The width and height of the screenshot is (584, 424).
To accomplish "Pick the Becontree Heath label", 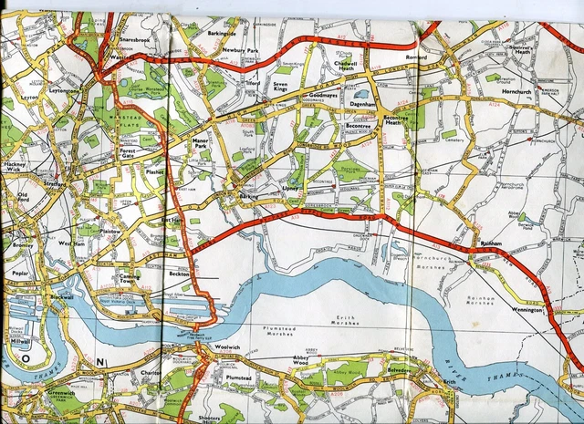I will click(398, 123).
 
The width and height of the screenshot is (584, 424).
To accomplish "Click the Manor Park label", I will click(201, 143).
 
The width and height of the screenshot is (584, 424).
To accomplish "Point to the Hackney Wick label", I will click(16, 166).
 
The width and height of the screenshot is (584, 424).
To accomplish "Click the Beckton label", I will click(179, 273).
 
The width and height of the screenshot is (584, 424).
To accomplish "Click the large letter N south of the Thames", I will click(101, 364).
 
